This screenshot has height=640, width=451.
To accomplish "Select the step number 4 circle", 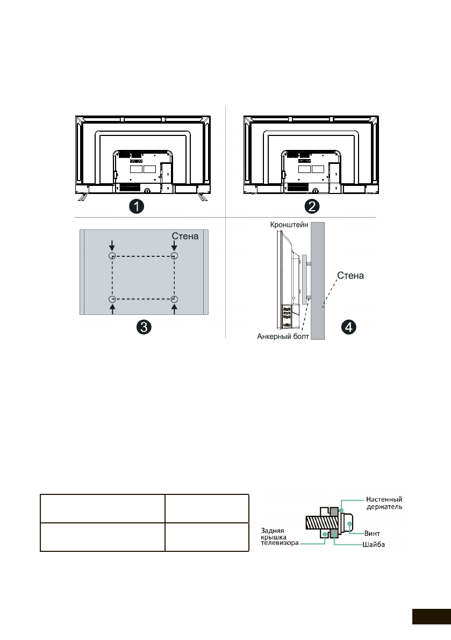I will coord(348,327).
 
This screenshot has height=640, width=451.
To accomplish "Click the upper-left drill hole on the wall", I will coord(112,256).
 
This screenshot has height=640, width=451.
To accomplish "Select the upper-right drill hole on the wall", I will coord(174,256).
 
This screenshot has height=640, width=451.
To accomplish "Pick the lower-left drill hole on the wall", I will coord(112,299).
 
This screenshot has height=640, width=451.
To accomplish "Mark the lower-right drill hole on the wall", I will coord(174,299).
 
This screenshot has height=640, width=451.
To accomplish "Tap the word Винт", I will coord(372,533).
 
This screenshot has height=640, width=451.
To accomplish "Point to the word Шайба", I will coord(373,545).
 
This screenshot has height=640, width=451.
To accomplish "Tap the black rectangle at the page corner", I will coord(431,616).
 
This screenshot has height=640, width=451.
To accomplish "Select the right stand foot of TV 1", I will coord(203,197).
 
